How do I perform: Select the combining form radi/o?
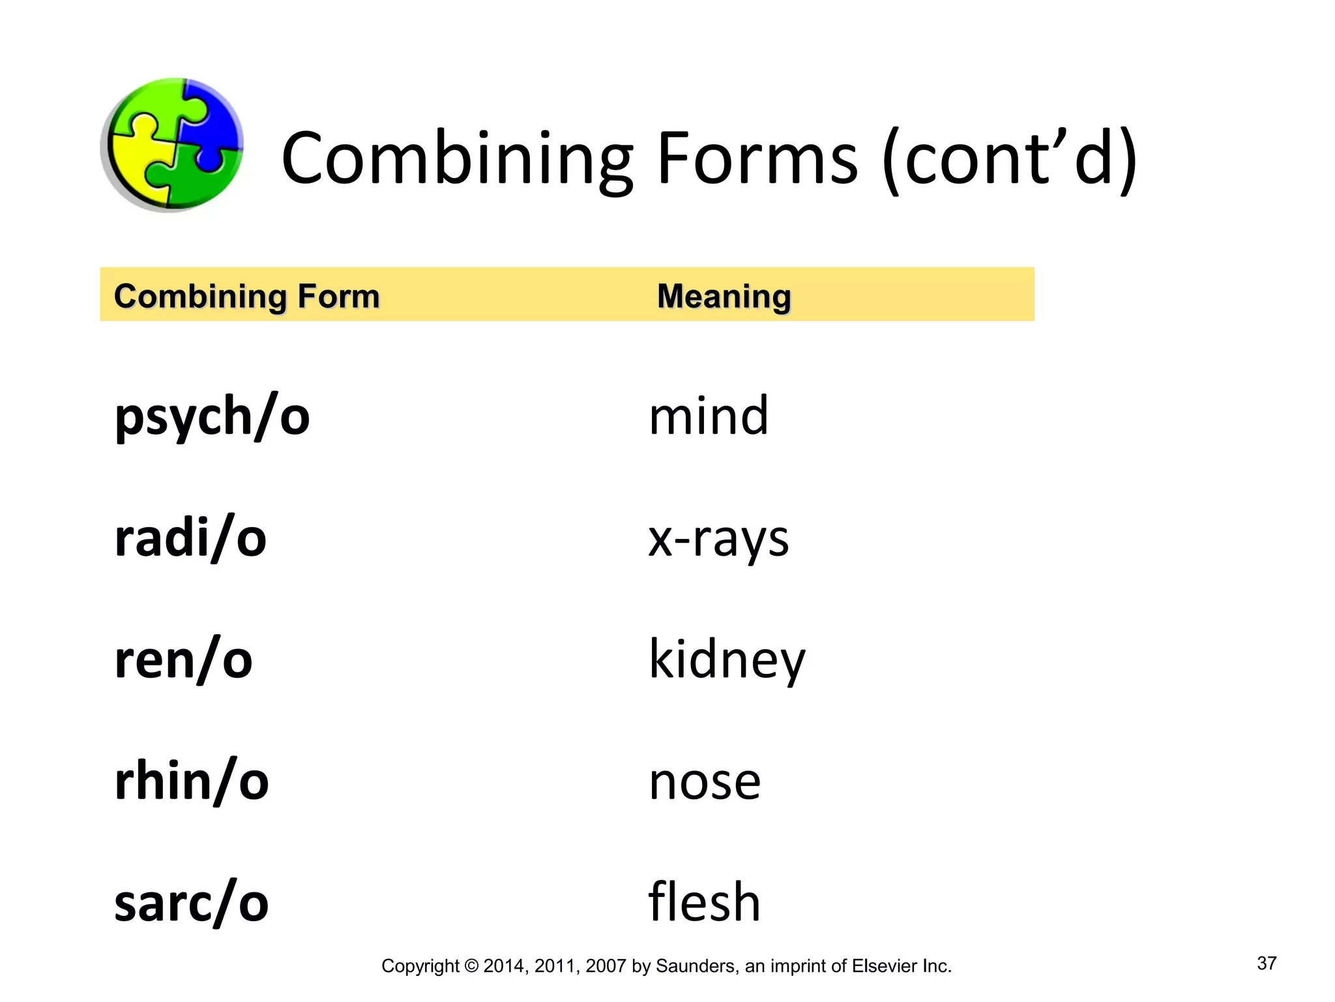click(x=190, y=539)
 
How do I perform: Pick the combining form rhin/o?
click(x=192, y=781)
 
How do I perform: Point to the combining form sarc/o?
click(x=192, y=903)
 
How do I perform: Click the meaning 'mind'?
click(x=709, y=416)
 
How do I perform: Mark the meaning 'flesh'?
click(x=705, y=903)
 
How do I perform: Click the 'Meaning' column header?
click(x=724, y=297)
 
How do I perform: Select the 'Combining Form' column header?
click(x=246, y=297)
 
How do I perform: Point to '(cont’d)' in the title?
click(x=1009, y=159)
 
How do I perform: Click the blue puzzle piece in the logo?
click(x=212, y=121)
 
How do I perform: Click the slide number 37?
click(x=1267, y=964)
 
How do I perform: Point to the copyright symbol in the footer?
click(x=471, y=966)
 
